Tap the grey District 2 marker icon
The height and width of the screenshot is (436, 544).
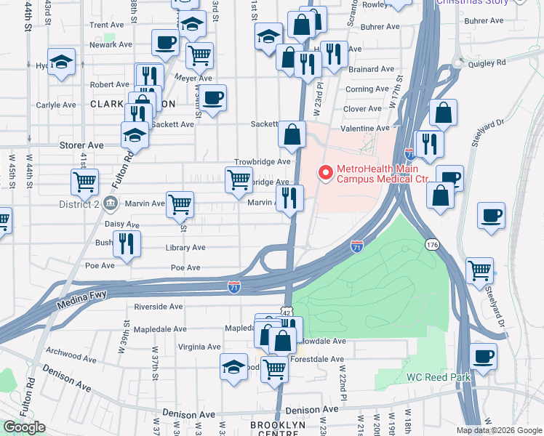111,203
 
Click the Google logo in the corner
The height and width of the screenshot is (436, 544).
25,427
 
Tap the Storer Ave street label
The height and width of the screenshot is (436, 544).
81,145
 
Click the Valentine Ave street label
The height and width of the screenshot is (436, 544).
365,128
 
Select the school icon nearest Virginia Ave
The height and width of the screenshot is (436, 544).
234,367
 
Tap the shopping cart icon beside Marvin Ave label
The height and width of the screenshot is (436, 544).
180,204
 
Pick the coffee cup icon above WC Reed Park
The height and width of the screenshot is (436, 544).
484,357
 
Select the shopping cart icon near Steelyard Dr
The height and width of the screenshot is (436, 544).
480,270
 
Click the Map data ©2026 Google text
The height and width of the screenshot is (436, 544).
499,430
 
